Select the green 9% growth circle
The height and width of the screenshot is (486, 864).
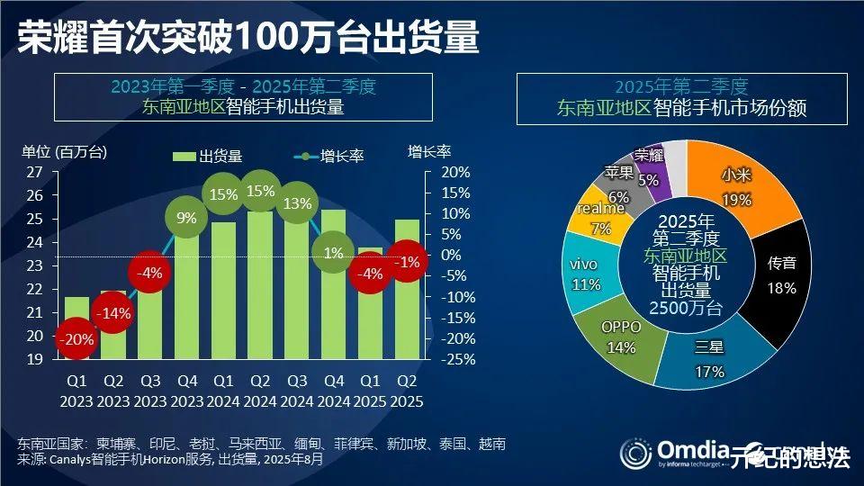pyautogui.click(x=186, y=217)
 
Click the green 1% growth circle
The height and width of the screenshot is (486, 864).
pyautogui.click(x=333, y=253)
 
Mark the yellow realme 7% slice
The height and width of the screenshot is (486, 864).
pyautogui.click(x=599, y=216)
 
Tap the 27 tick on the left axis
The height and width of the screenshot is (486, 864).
pyautogui.click(x=34, y=172)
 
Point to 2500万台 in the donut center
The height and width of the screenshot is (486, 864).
pyautogui.click(x=686, y=309)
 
